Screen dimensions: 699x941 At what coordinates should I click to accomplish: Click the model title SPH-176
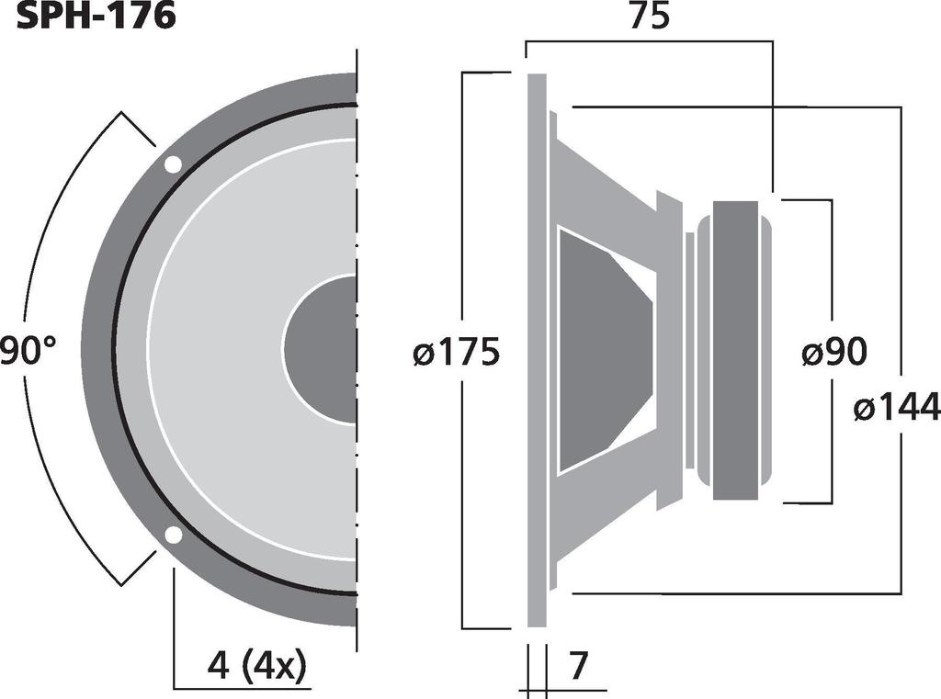(x=96, y=16)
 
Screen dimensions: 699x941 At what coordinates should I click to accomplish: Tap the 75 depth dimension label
(x=649, y=17)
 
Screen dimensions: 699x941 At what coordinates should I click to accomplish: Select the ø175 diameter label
(x=457, y=352)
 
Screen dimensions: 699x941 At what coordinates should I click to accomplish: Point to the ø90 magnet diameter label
(x=833, y=352)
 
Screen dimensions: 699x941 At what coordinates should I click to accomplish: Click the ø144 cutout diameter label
(x=896, y=406)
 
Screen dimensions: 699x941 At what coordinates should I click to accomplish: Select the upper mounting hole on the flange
(x=173, y=165)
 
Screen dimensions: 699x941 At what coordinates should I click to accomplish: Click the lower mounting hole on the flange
(x=173, y=536)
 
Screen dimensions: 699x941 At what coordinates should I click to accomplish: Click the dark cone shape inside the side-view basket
(x=602, y=351)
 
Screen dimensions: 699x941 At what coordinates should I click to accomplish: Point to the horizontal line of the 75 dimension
(x=649, y=40)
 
